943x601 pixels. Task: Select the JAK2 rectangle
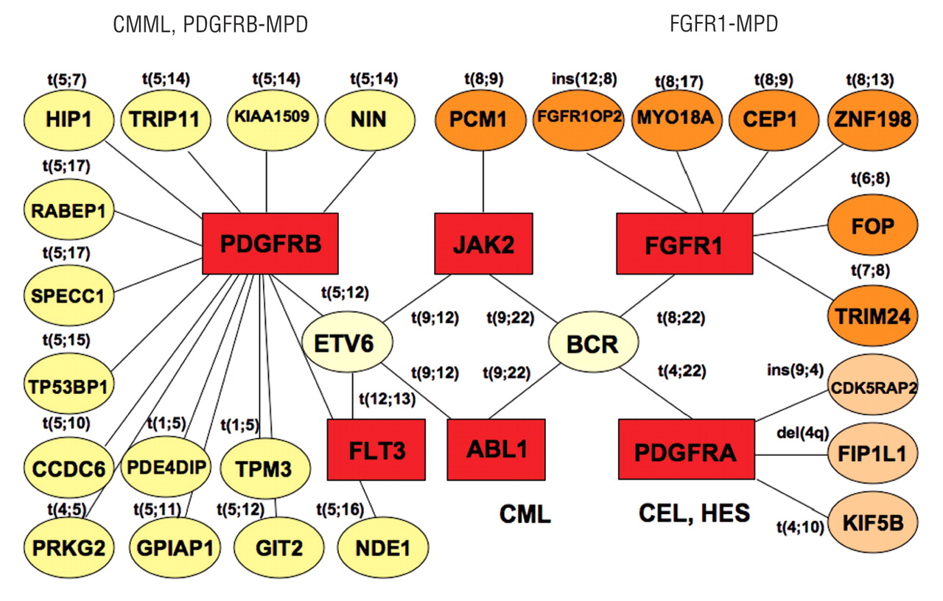coord(483,242)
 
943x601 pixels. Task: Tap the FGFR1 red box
coord(684,242)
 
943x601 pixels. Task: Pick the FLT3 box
coord(376,449)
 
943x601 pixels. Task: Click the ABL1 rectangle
coord(496,449)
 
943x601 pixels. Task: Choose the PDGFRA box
coord(687,450)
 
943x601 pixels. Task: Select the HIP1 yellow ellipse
coord(67,119)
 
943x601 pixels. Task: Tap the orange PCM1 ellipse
coord(482,119)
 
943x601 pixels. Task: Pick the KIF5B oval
coord(873,524)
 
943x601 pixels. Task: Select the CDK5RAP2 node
coord(873,387)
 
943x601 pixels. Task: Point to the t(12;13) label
coord(386,399)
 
